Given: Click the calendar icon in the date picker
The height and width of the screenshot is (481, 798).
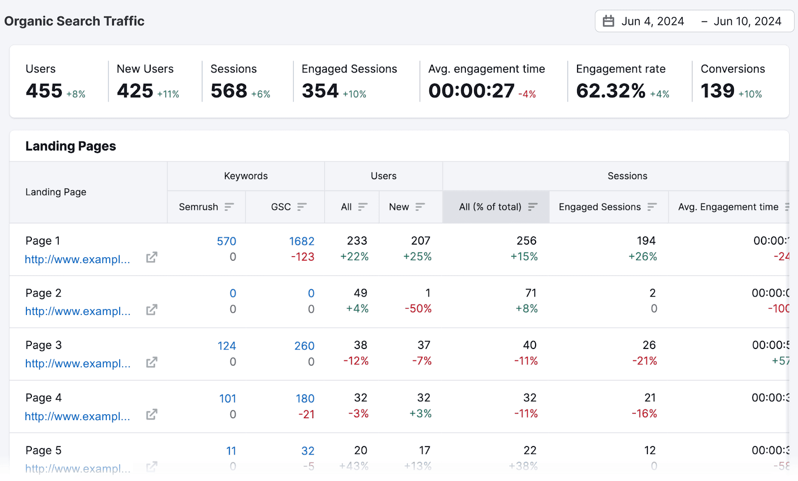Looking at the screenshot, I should (608, 21).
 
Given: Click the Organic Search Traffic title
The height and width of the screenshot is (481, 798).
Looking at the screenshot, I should (74, 21).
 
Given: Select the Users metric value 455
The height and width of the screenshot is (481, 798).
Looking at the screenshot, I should (44, 91).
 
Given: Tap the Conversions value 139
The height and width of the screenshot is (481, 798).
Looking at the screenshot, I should (717, 91).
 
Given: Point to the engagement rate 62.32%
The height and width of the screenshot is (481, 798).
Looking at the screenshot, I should (610, 91).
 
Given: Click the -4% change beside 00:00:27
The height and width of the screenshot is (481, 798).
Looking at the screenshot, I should (527, 94).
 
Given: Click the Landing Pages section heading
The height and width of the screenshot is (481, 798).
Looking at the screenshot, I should (70, 146).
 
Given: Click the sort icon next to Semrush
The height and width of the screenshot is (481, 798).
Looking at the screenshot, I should (229, 207).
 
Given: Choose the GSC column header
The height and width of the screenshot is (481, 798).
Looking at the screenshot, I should (281, 207).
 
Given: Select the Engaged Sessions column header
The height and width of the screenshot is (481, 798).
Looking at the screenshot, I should (599, 207).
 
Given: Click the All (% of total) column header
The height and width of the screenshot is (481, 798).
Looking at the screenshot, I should (490, 207).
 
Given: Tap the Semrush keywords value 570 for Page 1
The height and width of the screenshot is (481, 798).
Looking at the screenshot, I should (226, 241).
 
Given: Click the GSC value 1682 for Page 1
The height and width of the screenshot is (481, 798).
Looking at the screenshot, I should (302, 241).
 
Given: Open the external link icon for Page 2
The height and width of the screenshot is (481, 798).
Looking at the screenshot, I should (152, 310).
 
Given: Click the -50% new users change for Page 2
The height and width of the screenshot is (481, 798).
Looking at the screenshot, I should (418, 309).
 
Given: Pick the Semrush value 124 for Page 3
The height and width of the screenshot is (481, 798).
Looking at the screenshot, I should (226, 346).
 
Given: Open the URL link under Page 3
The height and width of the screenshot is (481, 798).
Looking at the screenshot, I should (78, 364).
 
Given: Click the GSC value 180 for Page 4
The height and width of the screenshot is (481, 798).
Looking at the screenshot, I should (305, 399).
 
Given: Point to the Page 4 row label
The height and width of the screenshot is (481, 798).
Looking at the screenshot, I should (43, 398).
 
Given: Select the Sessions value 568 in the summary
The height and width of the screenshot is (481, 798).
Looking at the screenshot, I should (229, 91).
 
